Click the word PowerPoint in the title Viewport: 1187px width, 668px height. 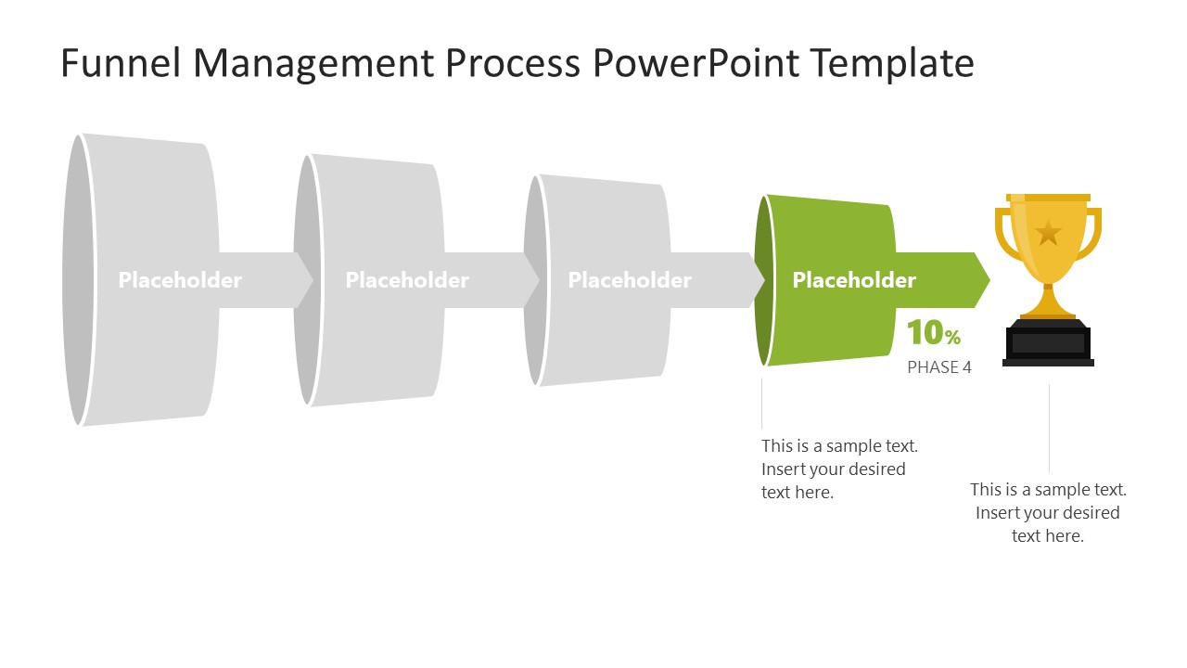696,63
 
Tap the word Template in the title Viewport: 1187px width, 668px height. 891,63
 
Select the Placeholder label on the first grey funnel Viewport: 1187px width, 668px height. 180,280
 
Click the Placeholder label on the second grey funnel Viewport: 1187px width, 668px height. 407,280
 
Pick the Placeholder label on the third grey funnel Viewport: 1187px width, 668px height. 630,280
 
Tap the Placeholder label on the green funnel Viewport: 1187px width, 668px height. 854,280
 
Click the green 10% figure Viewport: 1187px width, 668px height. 933,333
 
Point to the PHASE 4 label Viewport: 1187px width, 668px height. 938,367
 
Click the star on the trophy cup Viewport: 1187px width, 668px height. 1048,232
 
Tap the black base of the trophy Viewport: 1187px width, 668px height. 1049,344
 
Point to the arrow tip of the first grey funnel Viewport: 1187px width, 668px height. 305,280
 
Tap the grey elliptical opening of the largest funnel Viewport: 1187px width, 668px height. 76,280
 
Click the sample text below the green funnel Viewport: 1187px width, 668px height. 839,469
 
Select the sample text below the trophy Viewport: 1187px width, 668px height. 1048,512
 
